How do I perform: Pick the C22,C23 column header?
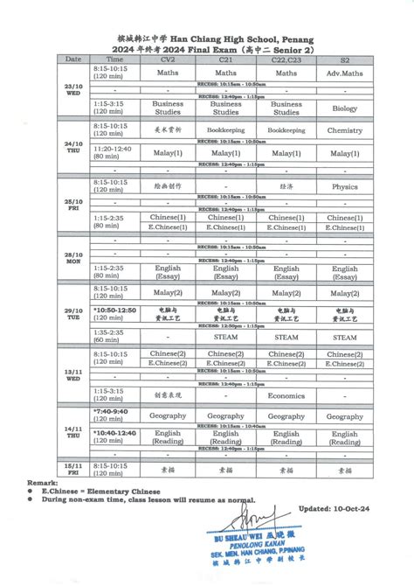286,59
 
